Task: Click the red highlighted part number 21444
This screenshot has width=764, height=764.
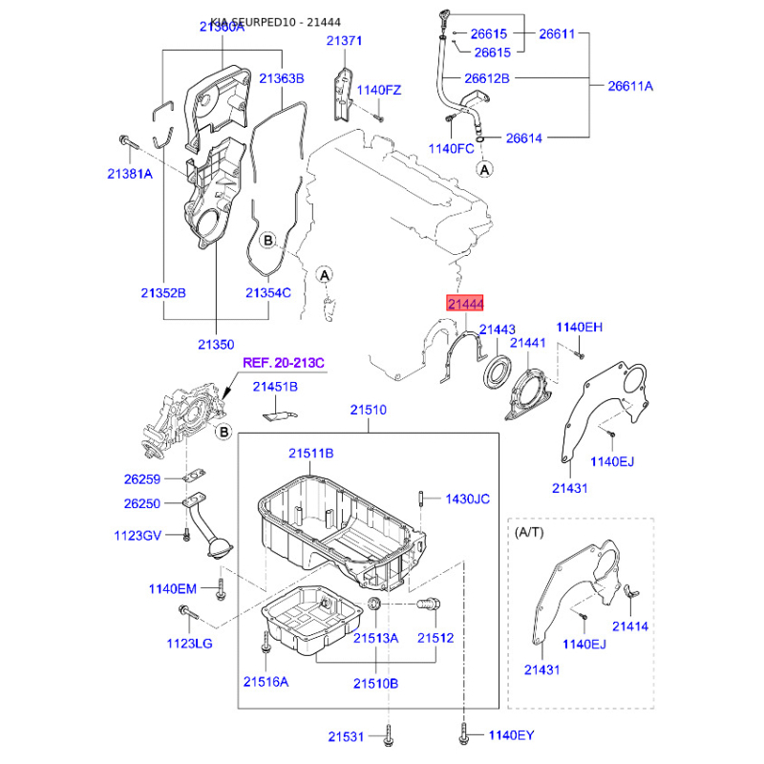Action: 466,303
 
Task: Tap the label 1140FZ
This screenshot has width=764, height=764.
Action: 379,90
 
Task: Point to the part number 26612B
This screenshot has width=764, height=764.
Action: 487,77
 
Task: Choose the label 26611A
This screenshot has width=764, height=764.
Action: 630,86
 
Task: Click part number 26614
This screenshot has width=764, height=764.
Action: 523,138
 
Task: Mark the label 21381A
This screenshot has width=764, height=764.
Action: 129,174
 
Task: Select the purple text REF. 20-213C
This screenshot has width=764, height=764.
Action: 284,363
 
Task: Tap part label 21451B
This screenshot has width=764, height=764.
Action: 275,387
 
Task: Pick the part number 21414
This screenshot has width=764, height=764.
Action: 629,626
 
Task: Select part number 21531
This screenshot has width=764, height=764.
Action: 347,736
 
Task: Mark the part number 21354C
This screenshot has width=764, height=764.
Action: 267,292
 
